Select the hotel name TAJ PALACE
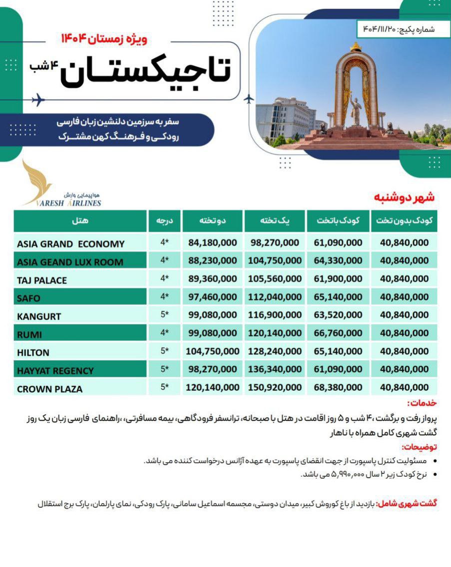coord(42,281)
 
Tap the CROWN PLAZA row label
coord(49,389)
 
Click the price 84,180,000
coord(213,243)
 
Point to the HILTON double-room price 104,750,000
coord(212,351)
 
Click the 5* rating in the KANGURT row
coord(165,315)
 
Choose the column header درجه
coord(165,221)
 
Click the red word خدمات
coord(422,403)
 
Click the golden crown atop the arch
coord(356,47)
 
